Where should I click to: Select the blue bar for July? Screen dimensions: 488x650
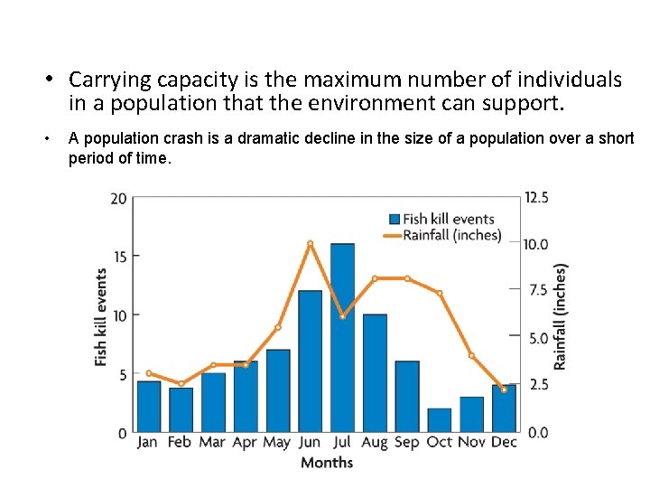tap(342, 338)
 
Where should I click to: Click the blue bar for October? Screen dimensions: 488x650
tap(439, 420)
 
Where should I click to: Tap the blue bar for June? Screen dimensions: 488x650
tap(310, 361)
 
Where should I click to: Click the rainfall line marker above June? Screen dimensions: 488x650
tap(310, 243)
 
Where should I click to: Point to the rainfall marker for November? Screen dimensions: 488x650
tap(471, 355)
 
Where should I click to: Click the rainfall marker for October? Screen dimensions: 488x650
tap(439, 294)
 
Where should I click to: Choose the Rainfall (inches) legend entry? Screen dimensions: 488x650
tap(441, 235)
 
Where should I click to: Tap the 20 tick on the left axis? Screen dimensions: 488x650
tap(119, 198)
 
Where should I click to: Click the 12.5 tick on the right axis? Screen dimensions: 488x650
tap(536, 198)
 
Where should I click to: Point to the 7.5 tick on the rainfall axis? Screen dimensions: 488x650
tap(538, 291)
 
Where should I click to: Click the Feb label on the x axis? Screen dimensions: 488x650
tap(180, 442)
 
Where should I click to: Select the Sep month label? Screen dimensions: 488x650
tap(406, 442)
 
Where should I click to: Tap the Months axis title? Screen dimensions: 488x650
tap(326, 463)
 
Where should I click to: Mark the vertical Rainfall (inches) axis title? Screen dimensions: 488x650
tap(561, 316)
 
